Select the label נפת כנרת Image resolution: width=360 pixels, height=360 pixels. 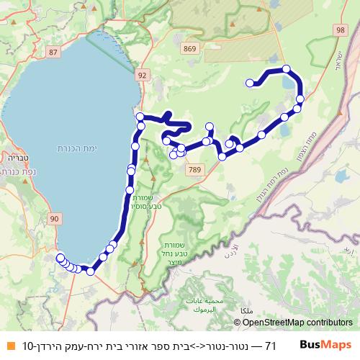(17, 172)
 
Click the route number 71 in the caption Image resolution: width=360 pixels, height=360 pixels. (270, 346)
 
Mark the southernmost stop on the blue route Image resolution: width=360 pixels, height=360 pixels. (91, 271)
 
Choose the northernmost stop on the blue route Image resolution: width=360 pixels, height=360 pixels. (287, 69)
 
